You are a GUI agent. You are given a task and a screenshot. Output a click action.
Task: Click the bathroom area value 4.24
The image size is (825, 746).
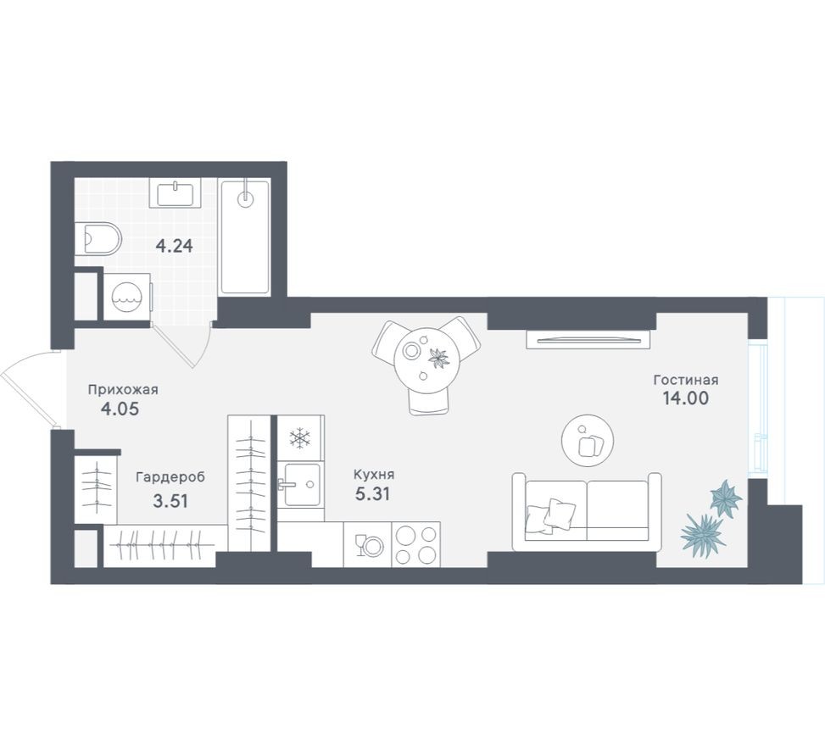(x=174, y=247)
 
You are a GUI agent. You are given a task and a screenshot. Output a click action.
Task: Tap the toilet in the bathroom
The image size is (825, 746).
(x=98, y=239)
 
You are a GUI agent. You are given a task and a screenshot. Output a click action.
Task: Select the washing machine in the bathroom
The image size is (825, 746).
(x=126, y=297)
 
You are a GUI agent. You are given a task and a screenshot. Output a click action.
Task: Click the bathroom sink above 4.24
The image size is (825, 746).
(x=176, y=192)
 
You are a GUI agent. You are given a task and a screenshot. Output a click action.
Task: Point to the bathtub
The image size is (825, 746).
(x=244, y=237)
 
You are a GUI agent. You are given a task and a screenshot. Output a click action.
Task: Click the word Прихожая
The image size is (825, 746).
(x=123, y=390)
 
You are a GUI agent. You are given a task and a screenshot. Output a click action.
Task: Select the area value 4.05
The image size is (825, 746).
(x=119, y=409)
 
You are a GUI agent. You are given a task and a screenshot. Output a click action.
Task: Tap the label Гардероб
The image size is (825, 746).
(x=170, y=477)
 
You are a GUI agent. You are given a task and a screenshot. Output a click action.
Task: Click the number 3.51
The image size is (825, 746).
(x=170, y=500)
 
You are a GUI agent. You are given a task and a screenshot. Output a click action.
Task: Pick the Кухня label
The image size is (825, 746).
(x=375, y=475)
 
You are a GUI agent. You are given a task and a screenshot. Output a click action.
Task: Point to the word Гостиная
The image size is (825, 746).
(x=685, y=379)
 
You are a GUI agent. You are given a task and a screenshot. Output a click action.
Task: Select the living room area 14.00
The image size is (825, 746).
(x=686, y=398)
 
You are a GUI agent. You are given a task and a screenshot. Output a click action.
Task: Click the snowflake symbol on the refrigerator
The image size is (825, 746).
(x=300, y=438)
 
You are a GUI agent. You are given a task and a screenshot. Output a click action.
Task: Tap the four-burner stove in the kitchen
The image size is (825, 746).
(x=416, y=544)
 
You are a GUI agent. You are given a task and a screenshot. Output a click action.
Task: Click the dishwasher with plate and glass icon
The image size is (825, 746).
(x=368, y=544)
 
